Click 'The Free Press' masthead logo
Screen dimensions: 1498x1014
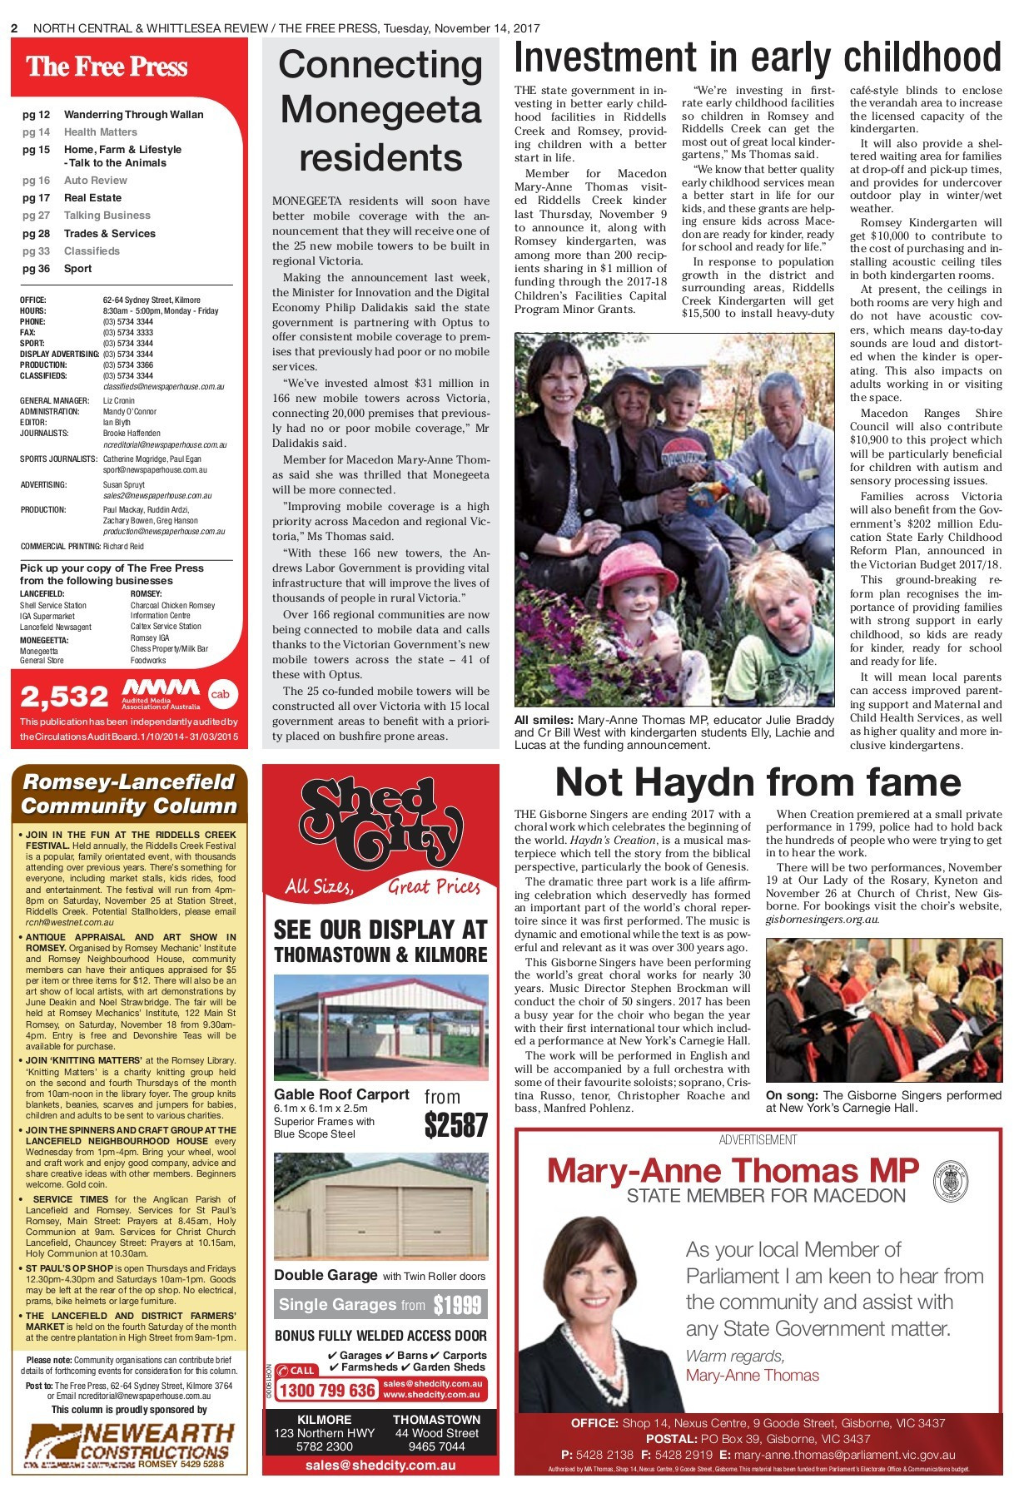[x=107, y=67]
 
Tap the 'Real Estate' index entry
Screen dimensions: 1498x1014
[x=92, y=198]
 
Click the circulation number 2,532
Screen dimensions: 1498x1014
[x=65, y=696]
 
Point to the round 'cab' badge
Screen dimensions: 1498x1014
[x=220, y=694]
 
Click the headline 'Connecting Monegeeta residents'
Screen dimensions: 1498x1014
[x=380, y=111]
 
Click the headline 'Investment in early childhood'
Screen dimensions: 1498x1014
[x=758, y=58]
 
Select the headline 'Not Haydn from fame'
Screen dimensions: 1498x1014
[x=758, y=782]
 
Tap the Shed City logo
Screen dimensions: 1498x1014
[x=380, y=823]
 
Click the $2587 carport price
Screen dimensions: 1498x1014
[x=455, y=1125]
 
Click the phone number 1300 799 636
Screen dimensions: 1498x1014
[x=326, y=1391]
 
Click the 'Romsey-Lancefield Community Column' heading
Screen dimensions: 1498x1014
[x=129, y=793]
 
